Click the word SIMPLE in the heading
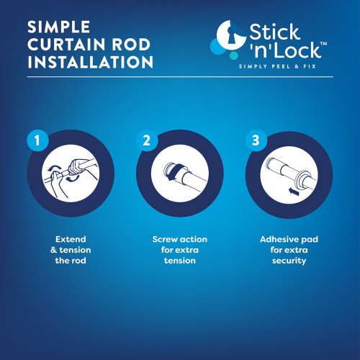pos(59,27)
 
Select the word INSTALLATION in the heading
pos(90,62)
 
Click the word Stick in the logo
pos(274,32)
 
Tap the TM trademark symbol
pos(323,44)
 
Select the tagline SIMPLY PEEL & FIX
pos(277,66)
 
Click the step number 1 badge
pos(37,140)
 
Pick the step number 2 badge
pos(147,140)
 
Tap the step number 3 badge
pos(256,140)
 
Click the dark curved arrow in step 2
pos(176,171)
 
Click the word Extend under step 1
pos(71,239)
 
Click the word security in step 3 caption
pos(289,261)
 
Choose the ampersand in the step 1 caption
pos(53,250)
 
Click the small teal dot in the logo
pos(233,55)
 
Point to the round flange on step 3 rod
pos(302,182)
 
